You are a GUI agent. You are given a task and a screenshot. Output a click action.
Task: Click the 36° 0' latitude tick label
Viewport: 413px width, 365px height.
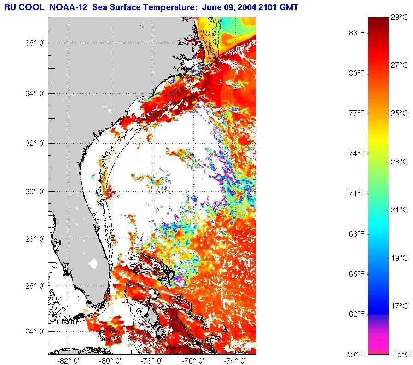35,43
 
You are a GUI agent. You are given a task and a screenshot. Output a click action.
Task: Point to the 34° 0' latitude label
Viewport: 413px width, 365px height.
35,94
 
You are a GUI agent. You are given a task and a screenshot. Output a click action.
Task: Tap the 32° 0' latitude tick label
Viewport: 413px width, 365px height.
35,143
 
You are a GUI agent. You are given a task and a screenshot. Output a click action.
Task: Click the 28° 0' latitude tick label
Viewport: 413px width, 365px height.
35,239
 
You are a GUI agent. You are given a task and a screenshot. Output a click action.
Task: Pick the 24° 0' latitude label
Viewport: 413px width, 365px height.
35,331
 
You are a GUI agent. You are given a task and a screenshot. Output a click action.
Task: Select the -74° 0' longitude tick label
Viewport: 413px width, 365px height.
233,361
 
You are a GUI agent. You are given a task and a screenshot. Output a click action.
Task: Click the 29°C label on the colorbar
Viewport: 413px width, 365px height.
399,17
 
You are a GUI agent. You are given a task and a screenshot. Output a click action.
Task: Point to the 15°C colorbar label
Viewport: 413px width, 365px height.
399,354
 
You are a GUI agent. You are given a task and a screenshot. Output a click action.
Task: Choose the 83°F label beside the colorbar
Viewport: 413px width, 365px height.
356,33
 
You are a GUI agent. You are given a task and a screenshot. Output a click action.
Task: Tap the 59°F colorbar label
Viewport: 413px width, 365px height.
356,354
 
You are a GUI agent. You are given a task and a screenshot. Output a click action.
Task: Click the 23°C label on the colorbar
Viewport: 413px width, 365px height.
399,162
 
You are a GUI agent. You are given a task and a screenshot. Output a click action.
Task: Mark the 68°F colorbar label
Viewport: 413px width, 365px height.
356,234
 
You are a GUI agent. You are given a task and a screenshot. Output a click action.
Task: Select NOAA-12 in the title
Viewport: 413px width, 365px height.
67,6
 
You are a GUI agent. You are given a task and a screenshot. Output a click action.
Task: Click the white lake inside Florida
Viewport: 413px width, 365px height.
93,263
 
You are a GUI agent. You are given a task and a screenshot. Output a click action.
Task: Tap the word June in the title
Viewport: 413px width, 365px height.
199,6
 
